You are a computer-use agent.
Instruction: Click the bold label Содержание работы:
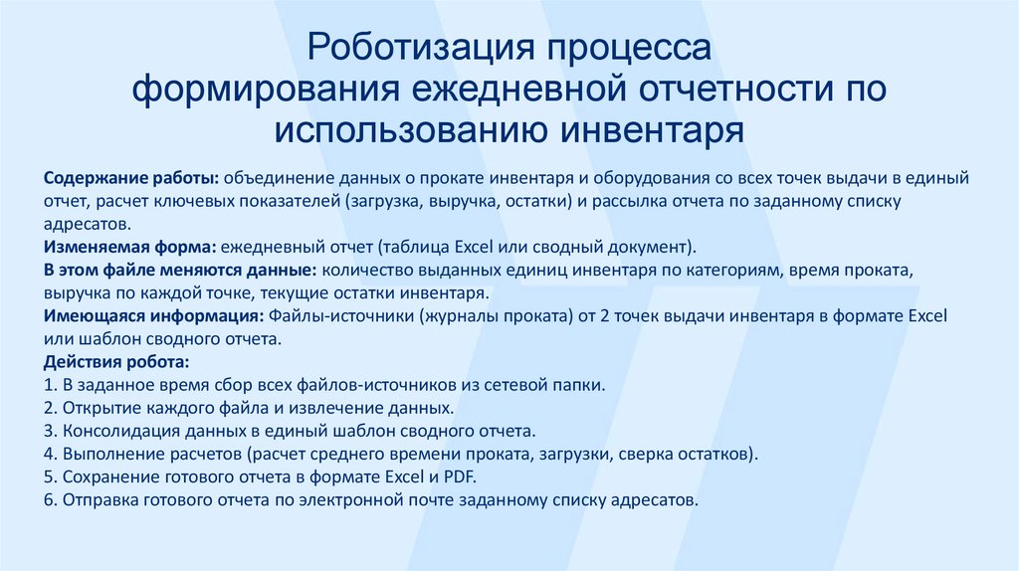click(x=131, y=178)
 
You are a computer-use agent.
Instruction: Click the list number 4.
click(x=49, y=455)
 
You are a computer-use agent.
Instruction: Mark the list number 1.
click(x=49, y=385)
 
